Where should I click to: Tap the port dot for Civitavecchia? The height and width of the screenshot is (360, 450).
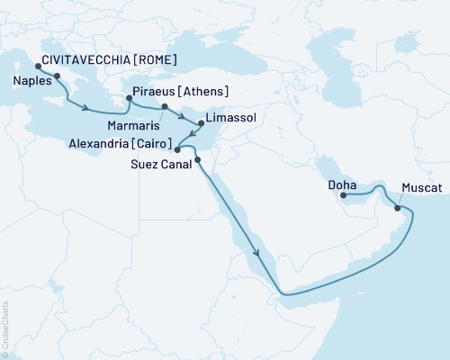[37, 66]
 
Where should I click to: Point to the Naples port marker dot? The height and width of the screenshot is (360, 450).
[58, 76]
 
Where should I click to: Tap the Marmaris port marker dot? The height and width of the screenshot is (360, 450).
[164, 108]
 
